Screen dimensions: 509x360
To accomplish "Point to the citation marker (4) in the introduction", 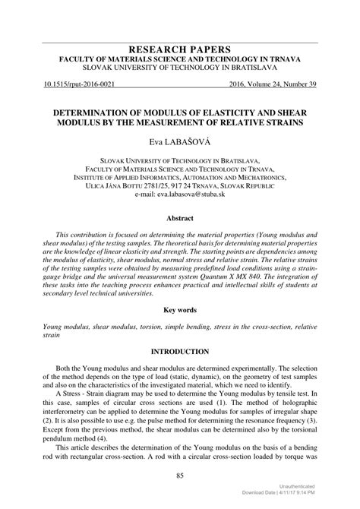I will (119, 440).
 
